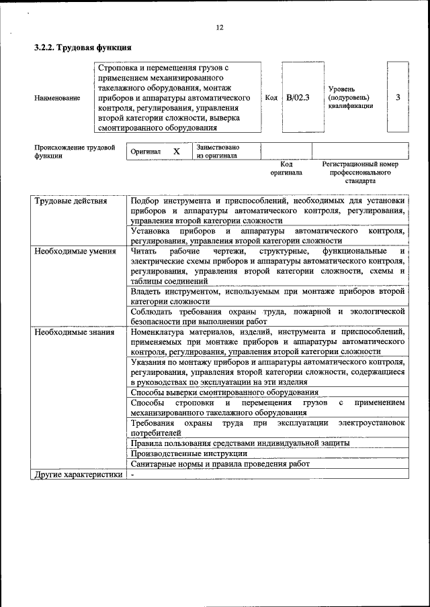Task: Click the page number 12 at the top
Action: click(219, 27)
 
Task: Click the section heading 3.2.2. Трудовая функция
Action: click(83, 48)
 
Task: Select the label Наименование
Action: click(57, 98)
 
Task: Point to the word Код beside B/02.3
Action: click(271, 98)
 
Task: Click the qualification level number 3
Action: click(398, 97)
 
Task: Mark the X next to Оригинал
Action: click(177, 152)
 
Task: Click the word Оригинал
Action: click(146, 152)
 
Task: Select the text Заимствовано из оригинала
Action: click(218, 152)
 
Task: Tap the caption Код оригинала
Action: click(286, 168)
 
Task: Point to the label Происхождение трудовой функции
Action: click(75, 152)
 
